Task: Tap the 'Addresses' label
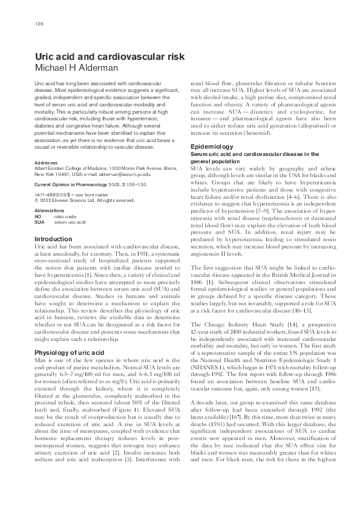point(46,163)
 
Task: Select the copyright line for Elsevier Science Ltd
point(84,199)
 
